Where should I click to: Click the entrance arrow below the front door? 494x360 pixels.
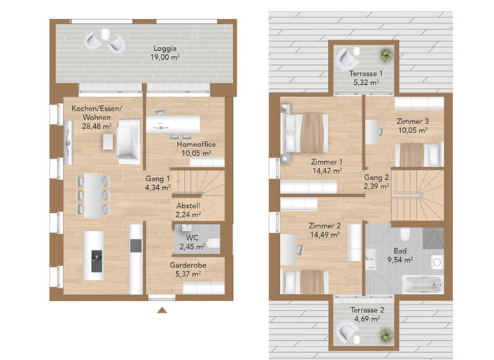click(x=163, y=310)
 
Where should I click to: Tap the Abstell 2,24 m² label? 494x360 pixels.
click(x=188, y=210)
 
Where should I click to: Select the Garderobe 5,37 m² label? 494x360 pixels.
click(x=187, y=269)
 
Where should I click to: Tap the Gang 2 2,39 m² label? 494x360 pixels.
click(x=377, y=182)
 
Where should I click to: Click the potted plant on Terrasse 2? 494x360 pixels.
click(x=385, y=335)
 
